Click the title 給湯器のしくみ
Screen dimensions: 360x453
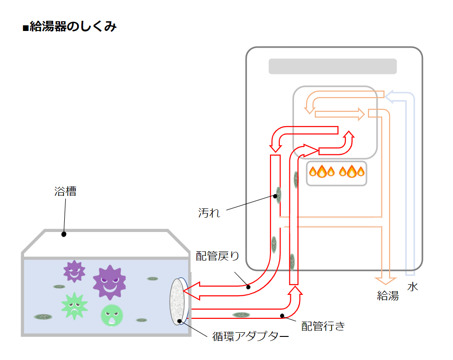[x=70, y=27]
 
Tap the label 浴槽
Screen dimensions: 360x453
[x=65, y=191]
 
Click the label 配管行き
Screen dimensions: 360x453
[x=323, y=326]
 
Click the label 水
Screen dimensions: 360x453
[x=412, y=287]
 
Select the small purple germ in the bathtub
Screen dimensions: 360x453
[x=74, y=271]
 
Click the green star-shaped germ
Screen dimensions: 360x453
[x=74, y=305]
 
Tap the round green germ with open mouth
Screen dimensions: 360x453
[x=112, y=315]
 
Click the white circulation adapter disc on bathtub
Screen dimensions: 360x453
[x=178, y=301]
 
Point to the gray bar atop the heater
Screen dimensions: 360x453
[x=333, y=66]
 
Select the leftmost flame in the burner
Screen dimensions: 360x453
[x=313, y=172]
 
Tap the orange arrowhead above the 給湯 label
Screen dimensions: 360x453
[x=385, y=280]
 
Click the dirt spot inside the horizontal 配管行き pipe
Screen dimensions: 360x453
[x=241, y=315]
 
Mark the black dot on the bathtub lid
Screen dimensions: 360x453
[x=64, y=234]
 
